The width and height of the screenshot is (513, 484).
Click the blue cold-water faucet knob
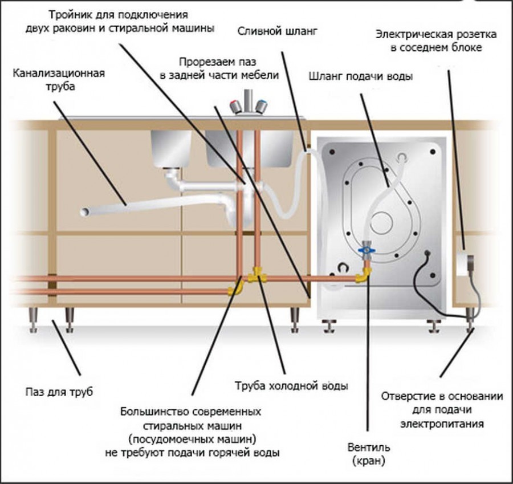[x=261, y=107]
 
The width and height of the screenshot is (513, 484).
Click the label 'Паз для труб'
[x=58, y=392]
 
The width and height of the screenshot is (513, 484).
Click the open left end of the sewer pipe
[x=84, y=212]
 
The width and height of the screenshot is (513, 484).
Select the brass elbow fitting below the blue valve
[x=361, y=276]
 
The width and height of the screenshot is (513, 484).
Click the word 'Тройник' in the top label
[x=71, y=14]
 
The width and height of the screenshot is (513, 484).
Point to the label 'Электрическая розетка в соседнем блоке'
[x=435, y=40]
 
